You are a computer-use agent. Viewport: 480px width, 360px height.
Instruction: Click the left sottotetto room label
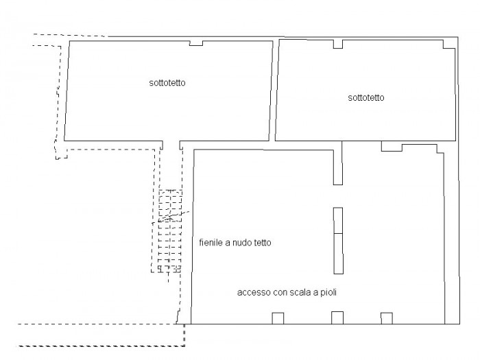(167, 83)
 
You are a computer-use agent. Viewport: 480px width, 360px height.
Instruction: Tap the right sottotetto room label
(365, 97)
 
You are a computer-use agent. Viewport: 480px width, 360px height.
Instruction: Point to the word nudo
(243, 243)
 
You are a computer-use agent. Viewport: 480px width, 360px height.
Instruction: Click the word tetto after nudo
(263, 243)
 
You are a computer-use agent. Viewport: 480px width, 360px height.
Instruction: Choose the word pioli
(328, 292)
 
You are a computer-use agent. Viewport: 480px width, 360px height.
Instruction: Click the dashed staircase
(169, 231)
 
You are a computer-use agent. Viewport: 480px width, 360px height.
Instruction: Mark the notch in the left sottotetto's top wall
(196, 43)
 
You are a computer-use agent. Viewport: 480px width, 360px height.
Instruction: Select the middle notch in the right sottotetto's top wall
(338, 44)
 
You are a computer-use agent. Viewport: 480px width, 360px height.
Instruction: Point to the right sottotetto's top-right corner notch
(449, 45)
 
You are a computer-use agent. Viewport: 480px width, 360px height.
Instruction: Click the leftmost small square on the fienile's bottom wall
(278, 318)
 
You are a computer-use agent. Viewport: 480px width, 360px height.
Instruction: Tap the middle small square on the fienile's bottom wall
(337, 317)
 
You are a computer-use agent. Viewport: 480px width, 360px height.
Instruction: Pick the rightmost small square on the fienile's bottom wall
(387, 318)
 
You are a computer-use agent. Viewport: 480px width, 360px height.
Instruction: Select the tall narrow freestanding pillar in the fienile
(338, 241)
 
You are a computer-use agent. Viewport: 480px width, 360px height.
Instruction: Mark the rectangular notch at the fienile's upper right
(392, 146)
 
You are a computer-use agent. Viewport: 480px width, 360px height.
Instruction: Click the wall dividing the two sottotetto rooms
(274, 91)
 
